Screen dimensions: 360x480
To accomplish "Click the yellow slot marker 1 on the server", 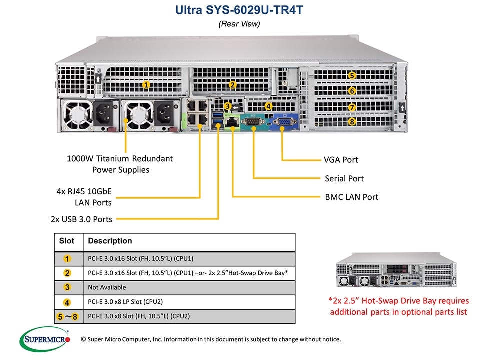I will coord(146,85).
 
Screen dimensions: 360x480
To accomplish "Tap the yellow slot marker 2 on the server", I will coord(233,85).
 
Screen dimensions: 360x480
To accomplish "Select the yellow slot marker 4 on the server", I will coord(268,106).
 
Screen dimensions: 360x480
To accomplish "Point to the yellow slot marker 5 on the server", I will coord(352,76).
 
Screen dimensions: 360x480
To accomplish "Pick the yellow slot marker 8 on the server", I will coord(352,121).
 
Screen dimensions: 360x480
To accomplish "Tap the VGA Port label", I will coord(341,160).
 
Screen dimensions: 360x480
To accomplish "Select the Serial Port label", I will coord(344,178).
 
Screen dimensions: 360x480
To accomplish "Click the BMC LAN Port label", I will coord(351,197).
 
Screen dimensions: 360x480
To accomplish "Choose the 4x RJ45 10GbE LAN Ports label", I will coord(83,197).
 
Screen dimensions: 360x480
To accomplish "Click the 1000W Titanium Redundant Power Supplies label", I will coord(120,164).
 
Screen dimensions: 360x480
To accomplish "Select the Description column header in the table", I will coord(110,241).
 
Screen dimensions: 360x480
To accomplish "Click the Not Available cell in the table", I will coord(107,287).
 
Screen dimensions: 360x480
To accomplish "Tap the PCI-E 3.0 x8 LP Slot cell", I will coord(125,302).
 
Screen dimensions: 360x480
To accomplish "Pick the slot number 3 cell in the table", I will coord(67,287).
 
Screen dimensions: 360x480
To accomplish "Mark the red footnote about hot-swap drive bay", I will coord(398,306).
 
